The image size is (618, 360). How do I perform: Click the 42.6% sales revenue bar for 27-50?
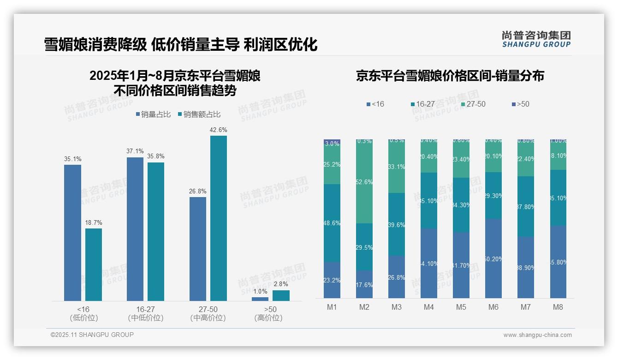click(x=219, y=218)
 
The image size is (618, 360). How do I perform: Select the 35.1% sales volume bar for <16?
click(x=72, y=233)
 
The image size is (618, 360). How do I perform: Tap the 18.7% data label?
click(x=94, y=222)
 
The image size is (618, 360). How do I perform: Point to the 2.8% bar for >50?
click(x=281, y=295)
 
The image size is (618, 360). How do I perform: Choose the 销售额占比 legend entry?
click(x=199, y=114)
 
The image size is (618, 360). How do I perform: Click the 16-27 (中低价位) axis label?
click(x=145, y=313)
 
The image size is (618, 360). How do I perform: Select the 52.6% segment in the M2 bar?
click(x=364, y=182)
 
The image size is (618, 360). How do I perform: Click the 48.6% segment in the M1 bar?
click(x=332, y=223)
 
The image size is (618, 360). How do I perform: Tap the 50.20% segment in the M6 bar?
click(x=493, y=258)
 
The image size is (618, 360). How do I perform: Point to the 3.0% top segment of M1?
click(x=332, y=143)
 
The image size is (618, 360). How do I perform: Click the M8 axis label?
click(x=558, y=307)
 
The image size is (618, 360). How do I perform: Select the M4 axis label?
click(x=429, y=307)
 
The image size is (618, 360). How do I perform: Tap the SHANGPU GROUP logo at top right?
click(x=536, y=39)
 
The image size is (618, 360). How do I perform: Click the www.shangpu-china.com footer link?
click(x=537, y=335)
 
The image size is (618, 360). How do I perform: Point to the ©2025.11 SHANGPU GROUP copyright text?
click(x=92, y=335)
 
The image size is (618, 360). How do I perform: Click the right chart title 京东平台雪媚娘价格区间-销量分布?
click(x=450, y=76)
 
